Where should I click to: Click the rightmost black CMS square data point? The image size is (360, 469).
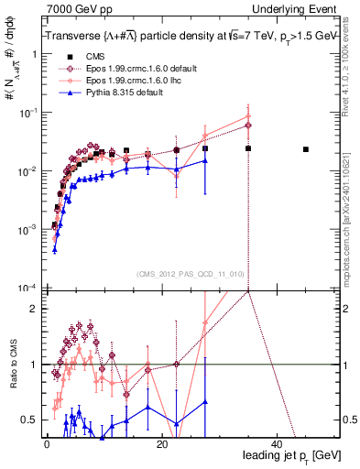click(306, 149)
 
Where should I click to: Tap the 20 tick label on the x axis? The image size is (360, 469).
click(161, 443)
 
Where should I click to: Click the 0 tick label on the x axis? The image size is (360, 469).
click(47, 443)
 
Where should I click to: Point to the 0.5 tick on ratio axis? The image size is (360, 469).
click(31, 420)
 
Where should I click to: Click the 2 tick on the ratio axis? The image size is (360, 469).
click(36, 309)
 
